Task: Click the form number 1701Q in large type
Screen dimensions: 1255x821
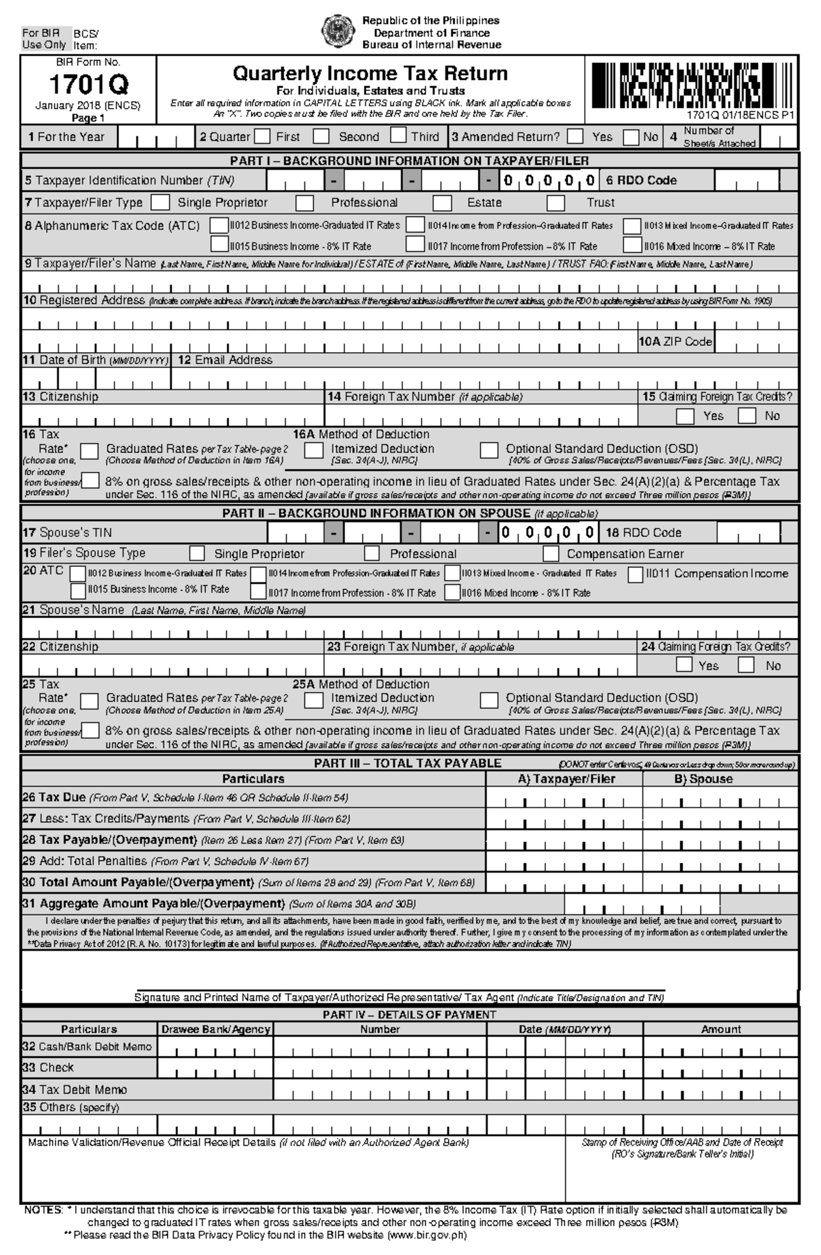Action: click(88, 85)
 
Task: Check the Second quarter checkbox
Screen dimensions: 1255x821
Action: click(322, 136)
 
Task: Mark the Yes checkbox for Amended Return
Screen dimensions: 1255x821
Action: click(575, 136)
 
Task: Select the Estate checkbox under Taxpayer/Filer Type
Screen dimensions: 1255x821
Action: click(443, 202)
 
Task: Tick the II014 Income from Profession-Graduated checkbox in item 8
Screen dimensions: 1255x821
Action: click(415, 225)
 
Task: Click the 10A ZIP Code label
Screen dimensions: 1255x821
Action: click(676, 341)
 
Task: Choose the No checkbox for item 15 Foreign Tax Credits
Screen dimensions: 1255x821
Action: click(747, 415)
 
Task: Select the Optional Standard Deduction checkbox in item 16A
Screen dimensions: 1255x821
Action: click(488, 450)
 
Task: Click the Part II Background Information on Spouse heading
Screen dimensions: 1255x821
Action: click(410, 513)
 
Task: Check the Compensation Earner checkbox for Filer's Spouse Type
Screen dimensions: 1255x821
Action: click(551, 553)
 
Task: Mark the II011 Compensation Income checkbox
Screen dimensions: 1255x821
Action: click(636, 574)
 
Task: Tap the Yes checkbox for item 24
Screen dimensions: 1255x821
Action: click(683, 664)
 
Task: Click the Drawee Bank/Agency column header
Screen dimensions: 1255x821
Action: click(216, 1029)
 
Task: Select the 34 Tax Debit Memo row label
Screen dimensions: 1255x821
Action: click(75, 1089)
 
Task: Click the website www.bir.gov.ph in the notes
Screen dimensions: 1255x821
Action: click(427, 1235)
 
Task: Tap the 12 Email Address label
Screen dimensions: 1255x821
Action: click(225, 360)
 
